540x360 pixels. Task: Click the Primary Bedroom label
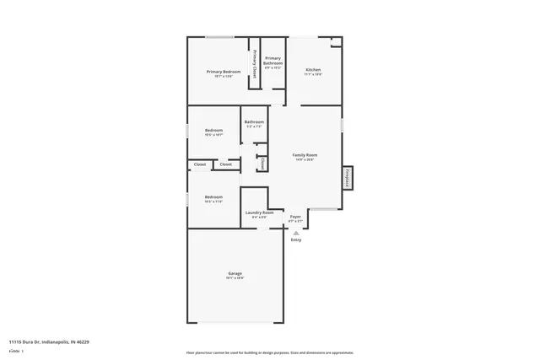coord(224,72)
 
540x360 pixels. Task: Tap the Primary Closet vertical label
coord(255,62)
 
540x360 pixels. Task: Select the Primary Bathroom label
coord(273,61)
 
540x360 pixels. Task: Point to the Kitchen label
coord(313,69)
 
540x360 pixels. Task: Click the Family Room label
coord(305,155)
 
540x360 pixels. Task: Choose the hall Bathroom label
coord(254,122)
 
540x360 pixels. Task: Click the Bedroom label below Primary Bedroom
coord(213,130)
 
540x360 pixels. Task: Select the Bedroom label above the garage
coord(213,199)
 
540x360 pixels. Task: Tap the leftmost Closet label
coord(200,164)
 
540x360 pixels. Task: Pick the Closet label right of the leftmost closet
coord(226,164)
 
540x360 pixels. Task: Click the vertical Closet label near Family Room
coord(263,164)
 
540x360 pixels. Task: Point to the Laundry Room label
coord(259,212)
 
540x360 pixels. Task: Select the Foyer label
coord(295,217)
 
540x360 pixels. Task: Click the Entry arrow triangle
coord(295,231)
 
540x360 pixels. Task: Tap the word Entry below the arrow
coord(295,240)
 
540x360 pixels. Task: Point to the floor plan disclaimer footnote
coord(269,352)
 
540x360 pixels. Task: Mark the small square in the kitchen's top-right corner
coord(336,40)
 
